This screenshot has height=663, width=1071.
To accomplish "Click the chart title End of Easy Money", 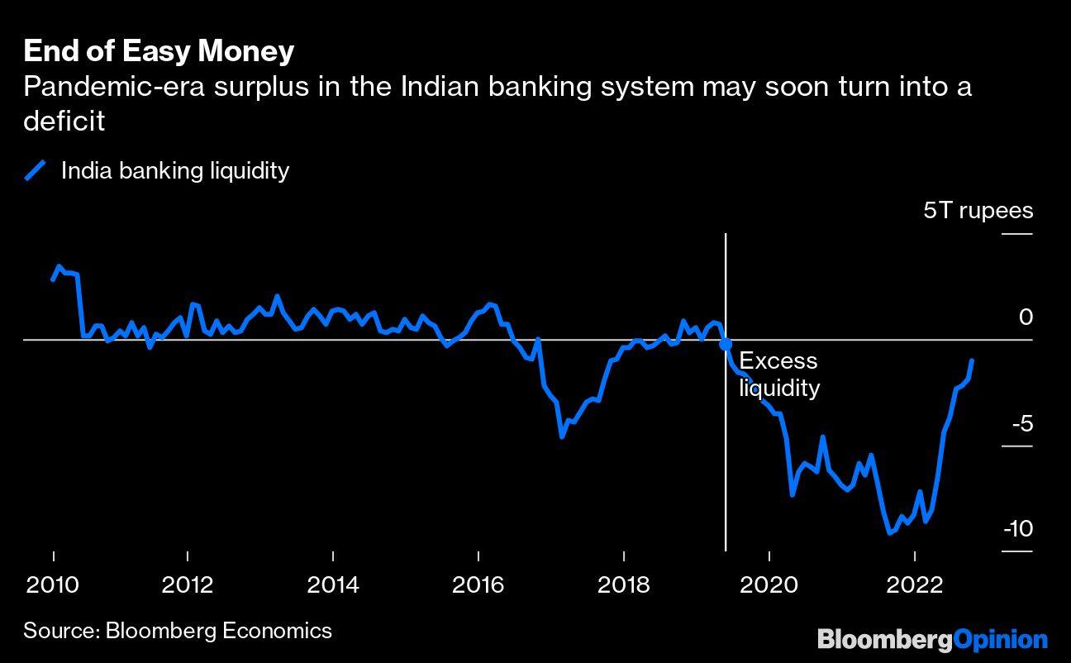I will [x=159, y=51].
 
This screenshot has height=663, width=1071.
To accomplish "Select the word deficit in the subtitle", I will [x=64, y=122].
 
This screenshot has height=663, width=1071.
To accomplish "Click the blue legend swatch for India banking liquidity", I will [x=36, y=170].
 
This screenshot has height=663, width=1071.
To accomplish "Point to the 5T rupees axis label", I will [x=978, y=210].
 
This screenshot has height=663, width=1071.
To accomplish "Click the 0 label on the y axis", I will [x=1025, y=317].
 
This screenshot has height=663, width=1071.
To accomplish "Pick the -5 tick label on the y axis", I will [x=1021, y=424].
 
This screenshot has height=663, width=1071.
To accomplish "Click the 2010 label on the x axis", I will [x=54, y=584].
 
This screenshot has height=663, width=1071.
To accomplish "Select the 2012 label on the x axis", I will [x=188, y=584].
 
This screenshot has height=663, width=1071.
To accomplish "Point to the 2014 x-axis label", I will [x=333, y=584].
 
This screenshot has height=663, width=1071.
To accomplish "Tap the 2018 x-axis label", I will [x=623, y=584].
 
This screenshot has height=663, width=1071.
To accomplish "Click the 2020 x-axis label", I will [x=769, y=584].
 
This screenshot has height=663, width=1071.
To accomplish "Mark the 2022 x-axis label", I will [x=914, y=584].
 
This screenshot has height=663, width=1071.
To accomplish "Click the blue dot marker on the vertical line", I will [x=726, y=345].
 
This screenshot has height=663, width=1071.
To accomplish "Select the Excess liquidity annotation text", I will [x=778, y=374].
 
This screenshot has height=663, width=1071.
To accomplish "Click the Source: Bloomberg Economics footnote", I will [x=178, y=631].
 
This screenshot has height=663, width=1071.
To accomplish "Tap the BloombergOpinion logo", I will [x=932, y=638].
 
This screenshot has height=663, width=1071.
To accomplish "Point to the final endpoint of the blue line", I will [x=973, y=360].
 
